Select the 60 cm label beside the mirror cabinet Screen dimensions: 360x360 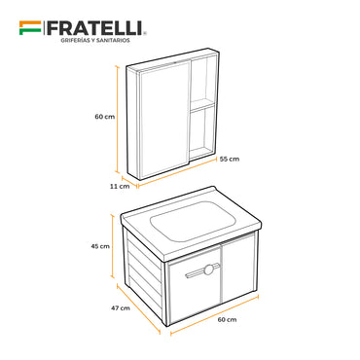[105, 117]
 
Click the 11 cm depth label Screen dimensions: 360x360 [119, 186]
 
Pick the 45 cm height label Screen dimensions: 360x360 [101, 246]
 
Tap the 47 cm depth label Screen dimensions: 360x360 [121, 307]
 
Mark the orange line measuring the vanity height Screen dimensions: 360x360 [114, 246]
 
